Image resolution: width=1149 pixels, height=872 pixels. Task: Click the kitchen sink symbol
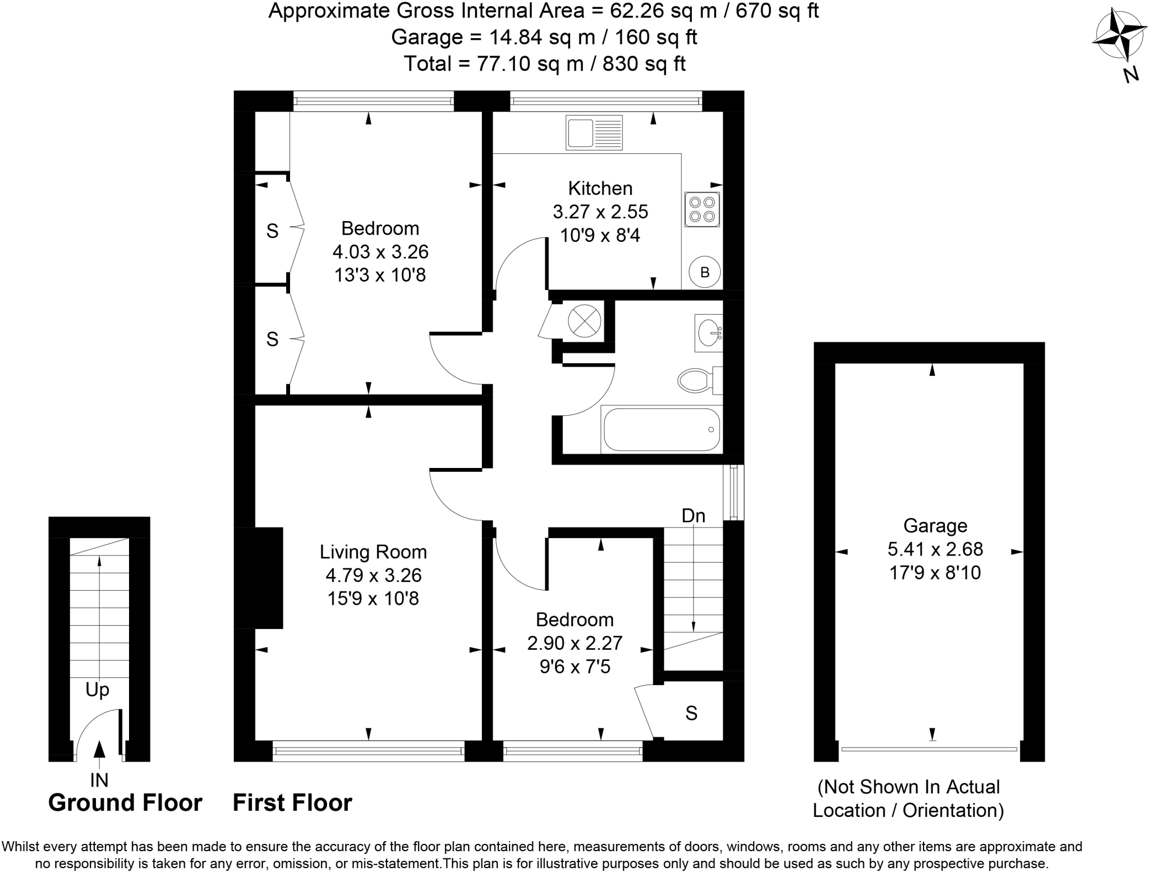[x=594, y=132]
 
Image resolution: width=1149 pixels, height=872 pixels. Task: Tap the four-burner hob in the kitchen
[x=702, y=209]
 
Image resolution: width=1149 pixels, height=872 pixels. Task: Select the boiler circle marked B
[x=705, y=272]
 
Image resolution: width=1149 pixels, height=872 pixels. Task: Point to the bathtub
[x=661, y=430]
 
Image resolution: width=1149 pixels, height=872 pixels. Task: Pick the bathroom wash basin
[x=709, y=333]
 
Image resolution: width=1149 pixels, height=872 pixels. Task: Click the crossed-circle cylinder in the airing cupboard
[x=584, y=322]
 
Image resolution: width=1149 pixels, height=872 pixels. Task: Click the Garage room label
[x=935, y=526]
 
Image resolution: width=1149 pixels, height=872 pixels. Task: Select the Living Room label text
[x=373, y=552]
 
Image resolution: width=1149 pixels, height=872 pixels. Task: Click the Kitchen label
[x=600, y=188]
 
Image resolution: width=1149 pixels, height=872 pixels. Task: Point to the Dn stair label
[x=693, y=516]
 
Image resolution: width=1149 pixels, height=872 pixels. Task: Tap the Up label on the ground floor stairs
[x=97, y=690]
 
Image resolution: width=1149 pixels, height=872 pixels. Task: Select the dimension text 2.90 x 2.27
[x=574, y=643]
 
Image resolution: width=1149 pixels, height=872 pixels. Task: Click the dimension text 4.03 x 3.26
[x=380, y=252]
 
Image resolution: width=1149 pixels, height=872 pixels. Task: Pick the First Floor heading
[x=292, y=803]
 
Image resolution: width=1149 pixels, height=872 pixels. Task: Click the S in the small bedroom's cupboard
[x=691, y=713]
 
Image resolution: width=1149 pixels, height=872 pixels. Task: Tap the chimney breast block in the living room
[x=259, y=577]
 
